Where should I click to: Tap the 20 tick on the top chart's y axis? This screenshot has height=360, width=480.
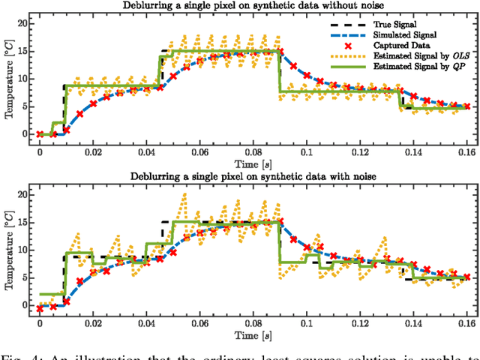tap(22, 24)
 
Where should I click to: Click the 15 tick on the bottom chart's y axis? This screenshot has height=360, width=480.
tap(22, 222)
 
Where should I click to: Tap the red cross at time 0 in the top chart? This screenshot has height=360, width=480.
tap(40, 134)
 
